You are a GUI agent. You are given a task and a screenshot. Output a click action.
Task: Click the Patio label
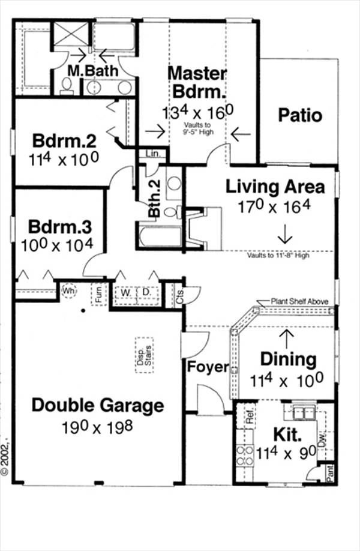coord(300,115)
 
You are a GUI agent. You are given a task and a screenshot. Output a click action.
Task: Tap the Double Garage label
coord(97,405)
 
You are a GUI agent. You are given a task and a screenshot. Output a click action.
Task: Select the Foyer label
coord(208,367)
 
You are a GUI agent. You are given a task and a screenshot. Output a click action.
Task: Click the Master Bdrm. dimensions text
coord(197,112)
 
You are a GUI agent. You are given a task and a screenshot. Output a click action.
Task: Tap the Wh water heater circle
coord(68,290)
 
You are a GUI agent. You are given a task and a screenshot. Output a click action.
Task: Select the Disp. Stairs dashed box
coord(144,356)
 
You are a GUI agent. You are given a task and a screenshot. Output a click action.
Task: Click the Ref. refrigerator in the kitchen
coord(249,417)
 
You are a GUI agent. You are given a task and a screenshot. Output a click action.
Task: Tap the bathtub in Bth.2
coord(160,236)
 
